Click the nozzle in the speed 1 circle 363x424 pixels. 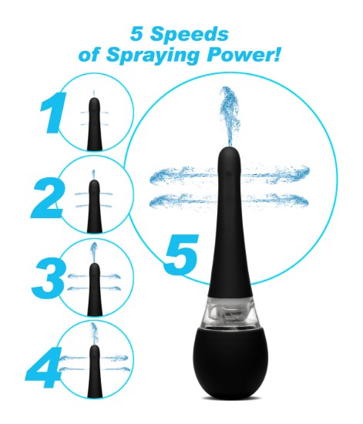(x=94, y=120)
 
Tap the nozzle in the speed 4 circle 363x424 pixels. (x=94, y=368)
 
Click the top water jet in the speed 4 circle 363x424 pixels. (x=93, y=332)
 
